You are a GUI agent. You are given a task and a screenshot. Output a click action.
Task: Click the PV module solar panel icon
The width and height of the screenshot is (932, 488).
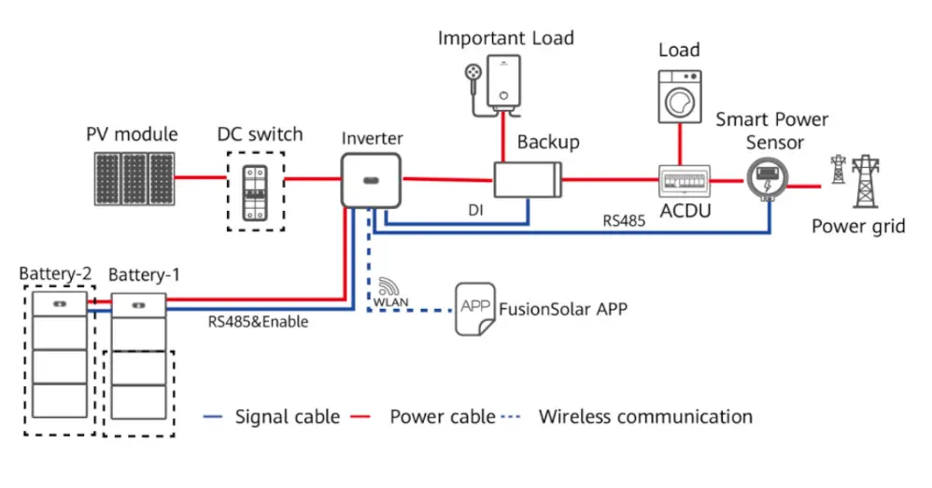[134, 178]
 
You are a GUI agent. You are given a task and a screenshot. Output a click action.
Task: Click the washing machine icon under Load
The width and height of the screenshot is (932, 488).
[679, 94]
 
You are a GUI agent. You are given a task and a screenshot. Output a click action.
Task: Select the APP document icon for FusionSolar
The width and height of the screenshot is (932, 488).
[474, 309]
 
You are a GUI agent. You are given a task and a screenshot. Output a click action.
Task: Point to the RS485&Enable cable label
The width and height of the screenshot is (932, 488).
[259, 322]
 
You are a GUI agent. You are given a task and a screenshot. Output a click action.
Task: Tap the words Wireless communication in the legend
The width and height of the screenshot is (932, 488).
[645, 416]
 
